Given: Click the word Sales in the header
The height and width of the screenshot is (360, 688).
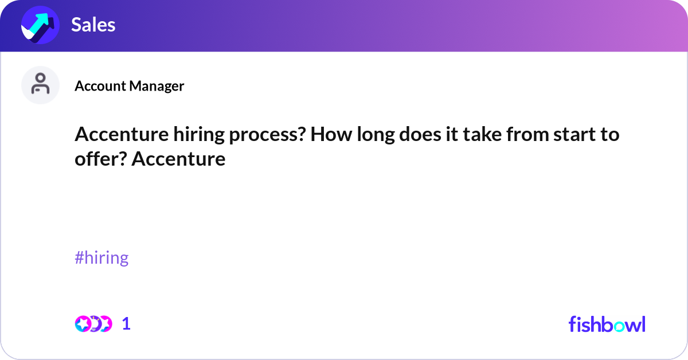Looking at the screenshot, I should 93,25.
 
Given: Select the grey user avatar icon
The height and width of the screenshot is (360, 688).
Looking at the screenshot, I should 40,85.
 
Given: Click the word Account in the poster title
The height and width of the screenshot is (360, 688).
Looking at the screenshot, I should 100,86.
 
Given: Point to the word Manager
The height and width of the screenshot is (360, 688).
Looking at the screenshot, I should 156,86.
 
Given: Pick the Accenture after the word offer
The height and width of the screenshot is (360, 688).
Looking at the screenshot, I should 178,159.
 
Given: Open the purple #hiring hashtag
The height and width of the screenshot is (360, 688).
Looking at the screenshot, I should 101,258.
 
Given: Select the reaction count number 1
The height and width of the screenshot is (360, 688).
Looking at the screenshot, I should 126,324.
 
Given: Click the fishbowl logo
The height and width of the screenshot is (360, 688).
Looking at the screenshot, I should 607,324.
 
